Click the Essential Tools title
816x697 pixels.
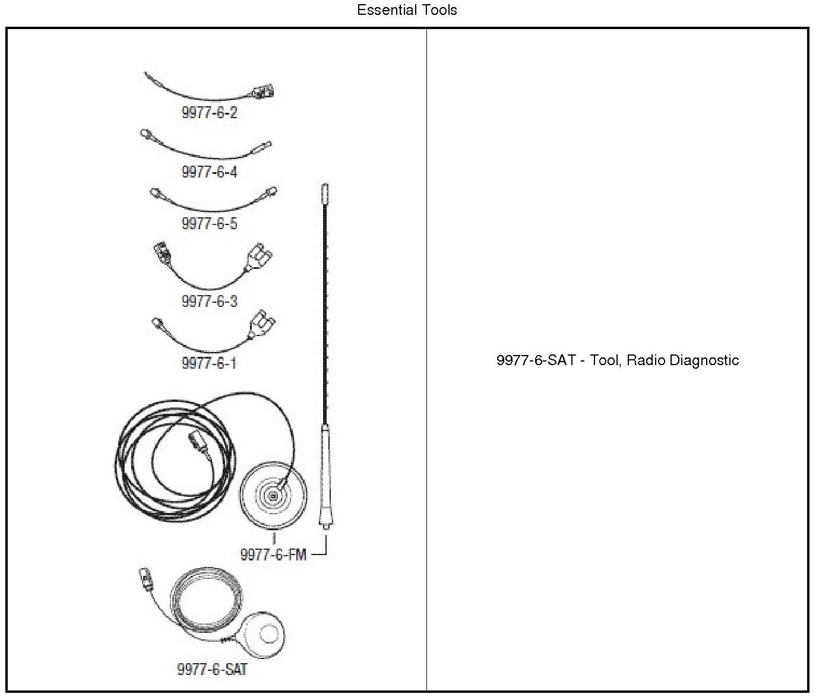pos(407,10)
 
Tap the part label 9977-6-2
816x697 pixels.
pos(209,113)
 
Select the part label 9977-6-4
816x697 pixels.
pos(209,172)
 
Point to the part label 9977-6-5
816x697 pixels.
pos(209,224)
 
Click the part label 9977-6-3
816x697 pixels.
pos(209,301)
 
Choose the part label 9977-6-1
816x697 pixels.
pos(209,363)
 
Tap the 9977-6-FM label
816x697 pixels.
pos(273,555)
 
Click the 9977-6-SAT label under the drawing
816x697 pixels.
pos(212,670)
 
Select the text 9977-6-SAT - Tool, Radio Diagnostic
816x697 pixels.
pos(618,360)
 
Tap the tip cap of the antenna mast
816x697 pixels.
pos(324,193)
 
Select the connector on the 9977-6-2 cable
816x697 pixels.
pos(264,92)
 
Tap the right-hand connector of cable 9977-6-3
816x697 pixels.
pos(260,261)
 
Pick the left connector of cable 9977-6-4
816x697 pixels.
pos(147,135)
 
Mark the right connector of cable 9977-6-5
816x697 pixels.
pos(271,192)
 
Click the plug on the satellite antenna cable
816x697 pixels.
pos(145,576)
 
